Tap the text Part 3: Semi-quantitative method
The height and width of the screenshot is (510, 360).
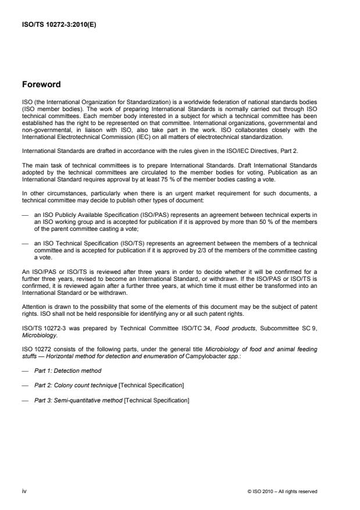pyautogui.click(x=85, y=401)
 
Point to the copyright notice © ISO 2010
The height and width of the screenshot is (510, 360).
pyautogui.click(x=261, y=491)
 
